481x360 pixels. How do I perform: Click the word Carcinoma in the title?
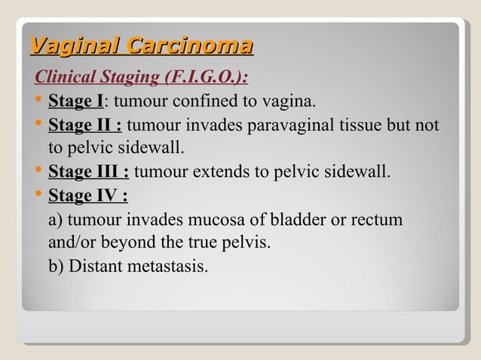(x=189, y=46)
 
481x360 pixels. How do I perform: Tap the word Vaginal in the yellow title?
(x=75, y=46)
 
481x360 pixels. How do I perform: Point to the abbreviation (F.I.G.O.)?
(x=209, y=78)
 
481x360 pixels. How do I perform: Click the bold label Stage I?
(x=75, y=101)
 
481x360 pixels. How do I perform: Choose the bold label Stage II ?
(x=86, y=124)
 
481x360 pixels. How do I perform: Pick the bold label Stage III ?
(x=88, y=172)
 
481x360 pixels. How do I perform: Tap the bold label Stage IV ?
(x=87, y=196)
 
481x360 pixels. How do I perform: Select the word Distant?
(x=94, y=267)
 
